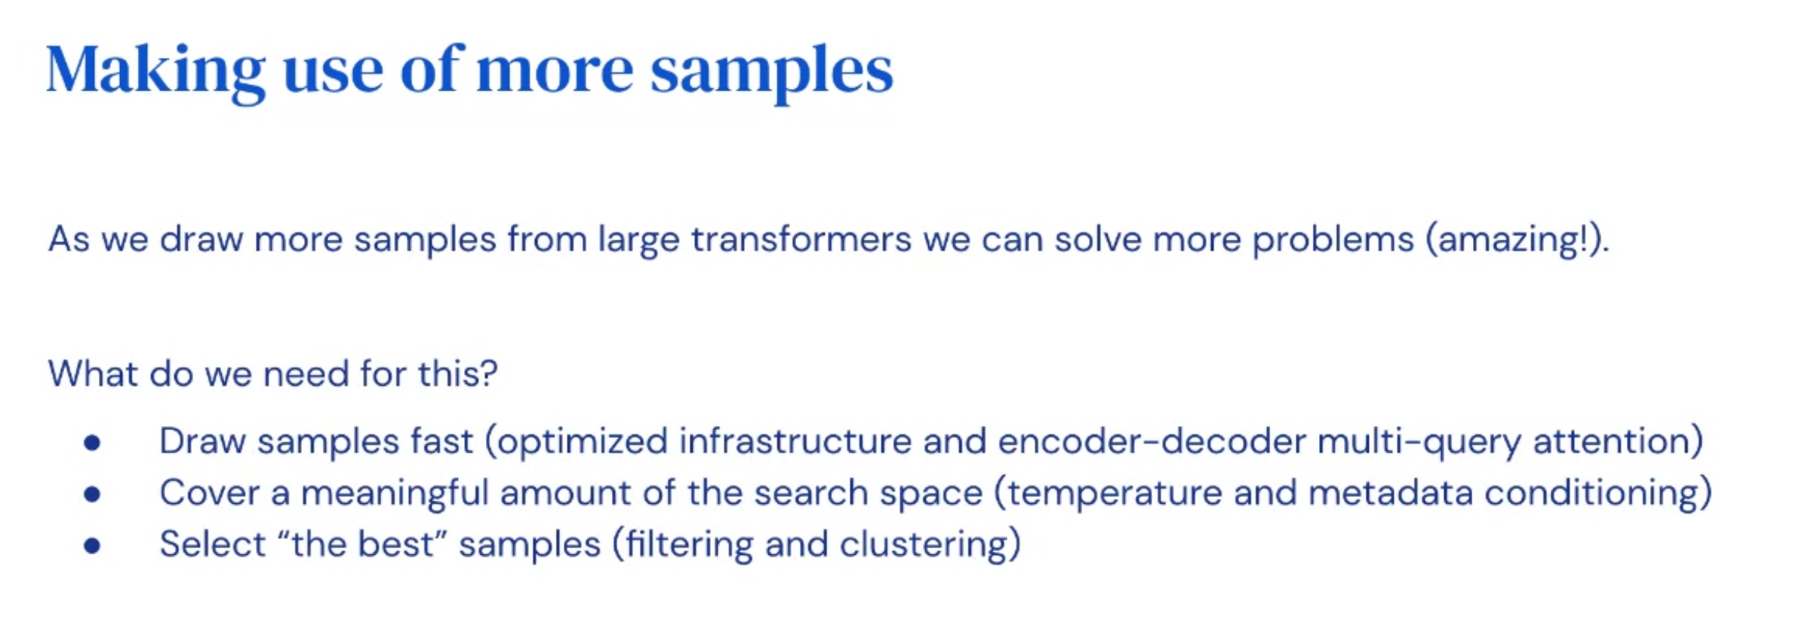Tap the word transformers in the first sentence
click(801, 240)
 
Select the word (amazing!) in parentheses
click(1515, 240)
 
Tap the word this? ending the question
click(458, 373)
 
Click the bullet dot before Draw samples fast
click(93, 443)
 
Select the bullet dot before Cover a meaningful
click(93, 494)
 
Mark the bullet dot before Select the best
click(93, 545)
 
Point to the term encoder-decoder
click(1152, 441)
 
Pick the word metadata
click(1391, 493)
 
